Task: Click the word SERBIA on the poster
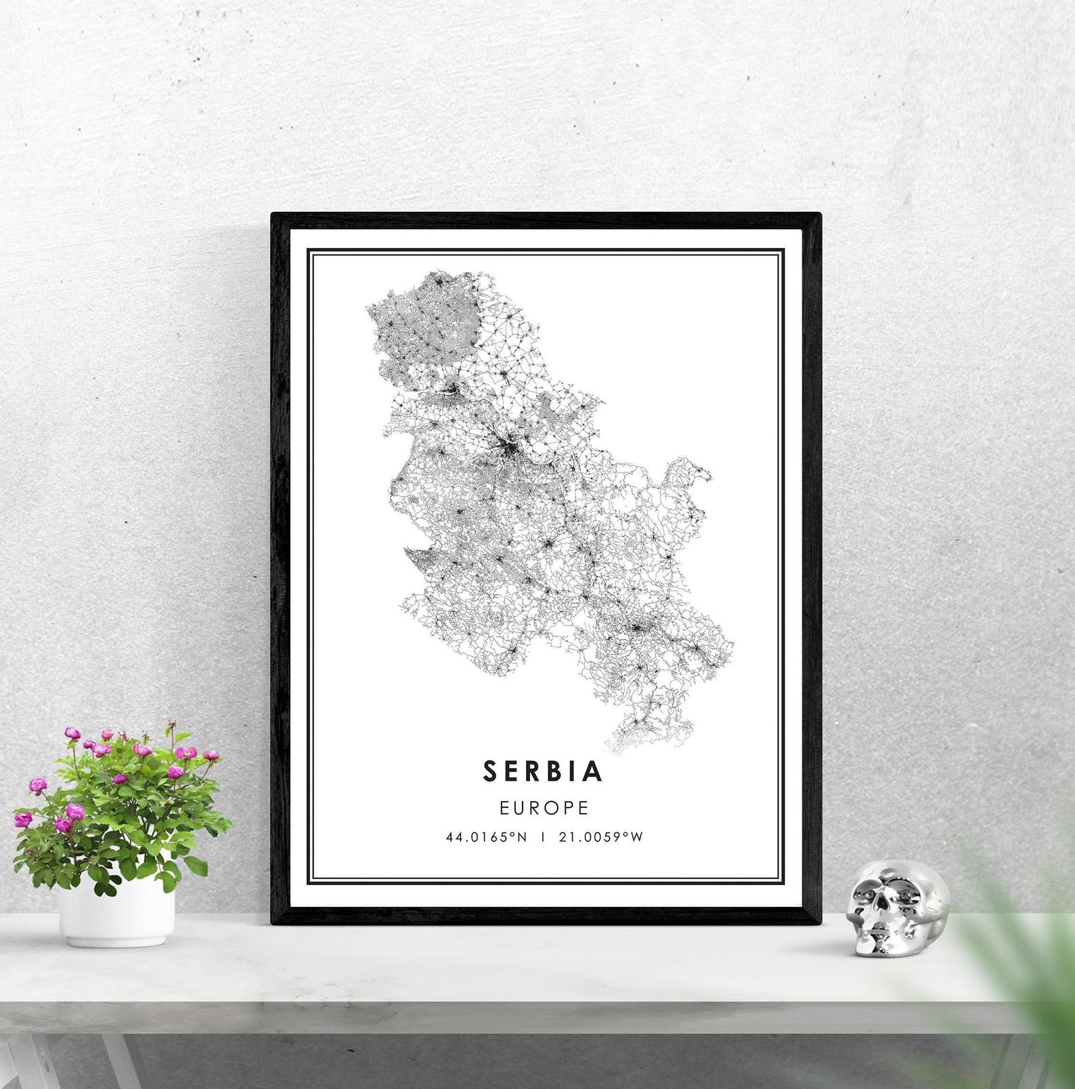(543, 771)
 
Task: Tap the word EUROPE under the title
(544, 807)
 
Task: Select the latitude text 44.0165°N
(486, 837)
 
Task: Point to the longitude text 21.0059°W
(600, 837)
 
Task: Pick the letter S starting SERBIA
(491, 771)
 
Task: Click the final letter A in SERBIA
(594, 771)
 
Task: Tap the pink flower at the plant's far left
(23, 819)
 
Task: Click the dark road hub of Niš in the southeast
(636, 628)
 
